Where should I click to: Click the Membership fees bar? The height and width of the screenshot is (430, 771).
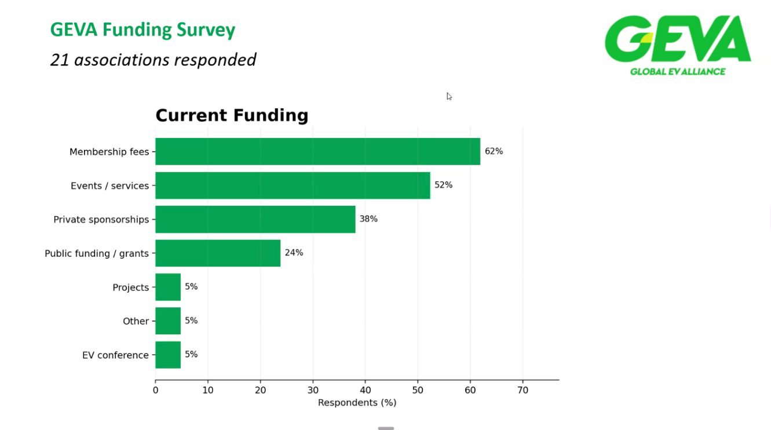point(317,151)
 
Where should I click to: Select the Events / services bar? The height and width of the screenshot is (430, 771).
point(293,185)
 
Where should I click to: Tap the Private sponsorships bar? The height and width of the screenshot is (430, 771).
point(255,219)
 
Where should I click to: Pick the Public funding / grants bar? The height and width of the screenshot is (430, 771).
point(218,253)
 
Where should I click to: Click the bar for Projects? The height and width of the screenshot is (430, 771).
point(168,287)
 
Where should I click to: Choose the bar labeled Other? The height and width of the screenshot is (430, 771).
point(168,321)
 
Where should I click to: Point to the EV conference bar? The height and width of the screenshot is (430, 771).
point(168,355)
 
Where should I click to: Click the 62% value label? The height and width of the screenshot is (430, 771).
point(494,151)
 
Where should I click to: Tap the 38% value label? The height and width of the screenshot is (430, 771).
point(368,219)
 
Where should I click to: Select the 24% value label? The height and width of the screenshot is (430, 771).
point(294,253)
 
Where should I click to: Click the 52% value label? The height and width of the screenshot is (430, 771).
point(443,185)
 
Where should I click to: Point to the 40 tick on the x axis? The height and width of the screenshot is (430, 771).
point(365,390)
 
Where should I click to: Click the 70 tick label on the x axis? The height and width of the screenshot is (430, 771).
point(522,390)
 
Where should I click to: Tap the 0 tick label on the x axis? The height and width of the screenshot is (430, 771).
point(156,390)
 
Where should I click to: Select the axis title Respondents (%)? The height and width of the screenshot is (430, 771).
point(357,403)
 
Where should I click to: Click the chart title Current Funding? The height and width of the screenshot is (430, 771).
point(232,115)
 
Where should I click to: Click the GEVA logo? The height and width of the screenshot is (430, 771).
point(678,45)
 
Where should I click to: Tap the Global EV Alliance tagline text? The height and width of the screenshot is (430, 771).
point(678,72)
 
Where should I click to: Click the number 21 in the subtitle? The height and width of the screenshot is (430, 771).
point(60,60)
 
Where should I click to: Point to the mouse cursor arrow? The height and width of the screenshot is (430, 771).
point(449,96)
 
